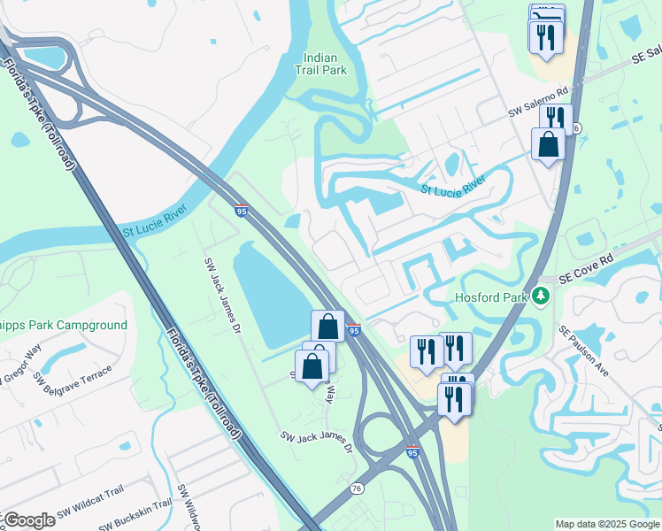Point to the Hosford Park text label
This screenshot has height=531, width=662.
(x=493, y=298)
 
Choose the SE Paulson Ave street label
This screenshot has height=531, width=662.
(x=584, y=350)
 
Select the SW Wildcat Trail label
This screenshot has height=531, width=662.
(x=90, y=508)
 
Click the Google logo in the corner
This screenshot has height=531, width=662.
(x=28, y=519)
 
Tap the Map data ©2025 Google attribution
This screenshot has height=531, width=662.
(x=607, y=524)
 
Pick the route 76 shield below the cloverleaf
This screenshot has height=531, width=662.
(x=358, y=488)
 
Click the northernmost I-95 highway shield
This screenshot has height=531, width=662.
(x=242, y=211)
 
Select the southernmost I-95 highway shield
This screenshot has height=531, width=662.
(x=413, y=451)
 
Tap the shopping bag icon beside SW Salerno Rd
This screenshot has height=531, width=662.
(x=549, y=144)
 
